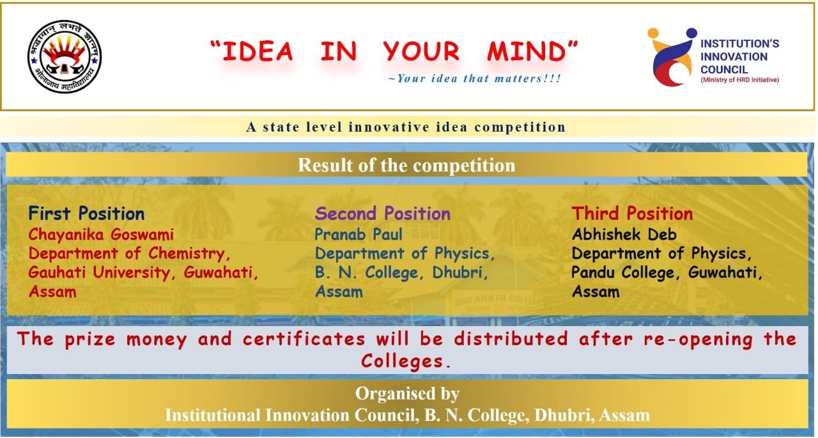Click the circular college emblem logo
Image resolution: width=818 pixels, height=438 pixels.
click(x=65, y=57)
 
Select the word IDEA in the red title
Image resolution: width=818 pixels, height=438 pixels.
click(x=258, y=51)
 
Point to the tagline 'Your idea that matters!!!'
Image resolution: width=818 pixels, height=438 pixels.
click(x=474, y=79)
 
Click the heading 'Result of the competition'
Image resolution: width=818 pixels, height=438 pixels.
click(x=406, y=165)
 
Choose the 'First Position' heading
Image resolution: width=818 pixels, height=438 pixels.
click(x=86, y=214)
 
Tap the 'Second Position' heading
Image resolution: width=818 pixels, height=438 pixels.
click(x=383, y=214)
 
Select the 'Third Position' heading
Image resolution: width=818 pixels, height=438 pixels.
click(x=632, y=214)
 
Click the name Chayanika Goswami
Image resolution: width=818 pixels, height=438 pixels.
click(x=101, y=235)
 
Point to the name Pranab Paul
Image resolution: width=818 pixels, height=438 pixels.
click(x=359, y=235)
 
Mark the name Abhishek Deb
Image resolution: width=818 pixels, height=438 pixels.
click(x=624, y=235)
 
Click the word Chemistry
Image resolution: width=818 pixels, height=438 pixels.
click(x=190, y=254)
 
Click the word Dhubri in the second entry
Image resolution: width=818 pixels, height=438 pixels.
click(x=460, y=273)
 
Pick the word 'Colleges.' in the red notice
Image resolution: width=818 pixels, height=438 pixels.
click(x=406, y=362)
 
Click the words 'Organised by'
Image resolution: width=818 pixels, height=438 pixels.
click(x=407, y=394)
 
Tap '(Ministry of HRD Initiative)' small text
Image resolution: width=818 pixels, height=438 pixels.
click(x=739, y=80)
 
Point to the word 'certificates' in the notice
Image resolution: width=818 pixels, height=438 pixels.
click(x=304, y=339)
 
